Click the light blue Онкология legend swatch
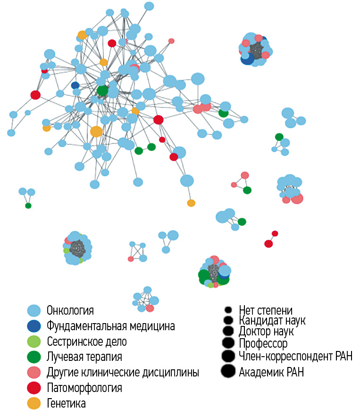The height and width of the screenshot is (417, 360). [34, 310]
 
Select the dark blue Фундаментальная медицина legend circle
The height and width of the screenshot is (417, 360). [34, 326]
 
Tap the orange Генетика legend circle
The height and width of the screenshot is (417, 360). [34, 403]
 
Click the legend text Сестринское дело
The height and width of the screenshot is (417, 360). [87, 342]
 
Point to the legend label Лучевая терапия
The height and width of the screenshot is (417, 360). [84, 357]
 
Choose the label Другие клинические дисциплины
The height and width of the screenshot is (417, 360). [123, 372]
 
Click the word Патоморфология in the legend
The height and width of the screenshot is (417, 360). [84, 388]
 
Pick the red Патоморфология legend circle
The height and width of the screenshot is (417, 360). [34, 388]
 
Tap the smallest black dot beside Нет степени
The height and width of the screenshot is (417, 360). [228, 310]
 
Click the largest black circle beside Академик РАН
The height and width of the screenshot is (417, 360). [228, 371]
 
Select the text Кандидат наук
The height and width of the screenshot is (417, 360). [272, 320]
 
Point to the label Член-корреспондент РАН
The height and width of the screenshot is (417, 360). [296, 356]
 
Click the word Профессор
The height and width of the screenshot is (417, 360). [263, 343]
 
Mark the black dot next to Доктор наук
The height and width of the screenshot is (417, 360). [228, 331]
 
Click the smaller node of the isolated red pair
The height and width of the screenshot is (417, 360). [275, 234]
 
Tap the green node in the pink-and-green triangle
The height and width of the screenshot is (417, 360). [247, 190]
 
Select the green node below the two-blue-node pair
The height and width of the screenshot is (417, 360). [28, 206]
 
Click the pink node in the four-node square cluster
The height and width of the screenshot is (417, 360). [131, 259]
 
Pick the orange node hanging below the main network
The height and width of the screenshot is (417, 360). [191, 203]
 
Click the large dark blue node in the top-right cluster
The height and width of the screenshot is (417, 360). [247, 58]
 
